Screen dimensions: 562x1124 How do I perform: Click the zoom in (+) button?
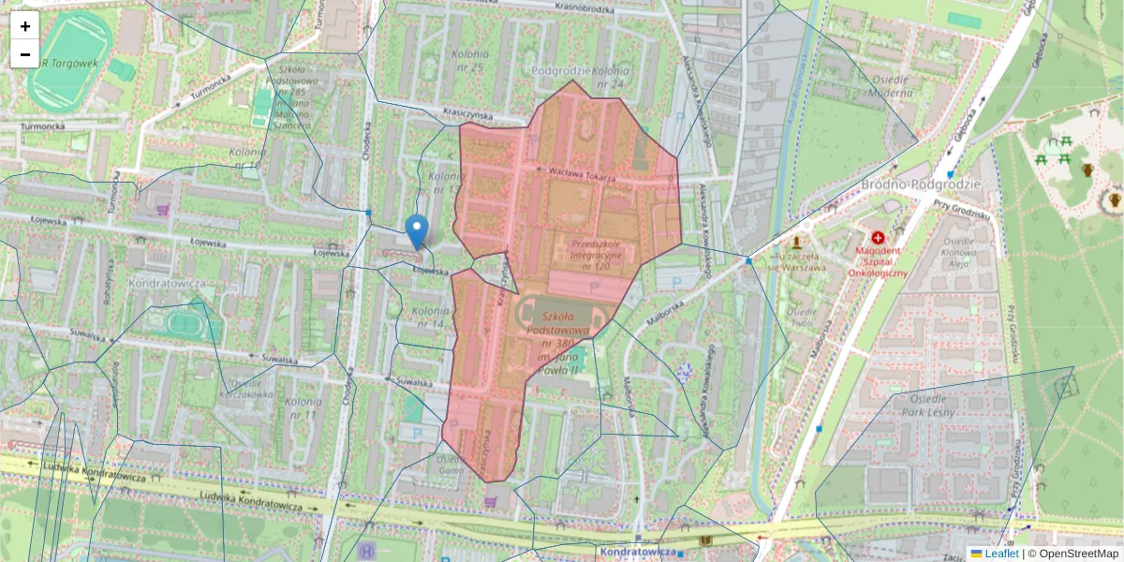25,26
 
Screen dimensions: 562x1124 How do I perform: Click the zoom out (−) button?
25,54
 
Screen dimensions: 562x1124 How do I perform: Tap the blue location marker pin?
418,229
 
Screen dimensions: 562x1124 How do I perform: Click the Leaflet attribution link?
1000,554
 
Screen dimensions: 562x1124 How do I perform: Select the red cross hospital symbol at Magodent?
878,239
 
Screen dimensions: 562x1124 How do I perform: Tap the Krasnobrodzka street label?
584,8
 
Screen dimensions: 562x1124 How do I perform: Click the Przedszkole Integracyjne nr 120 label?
589,254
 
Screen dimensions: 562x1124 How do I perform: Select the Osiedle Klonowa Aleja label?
961,252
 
